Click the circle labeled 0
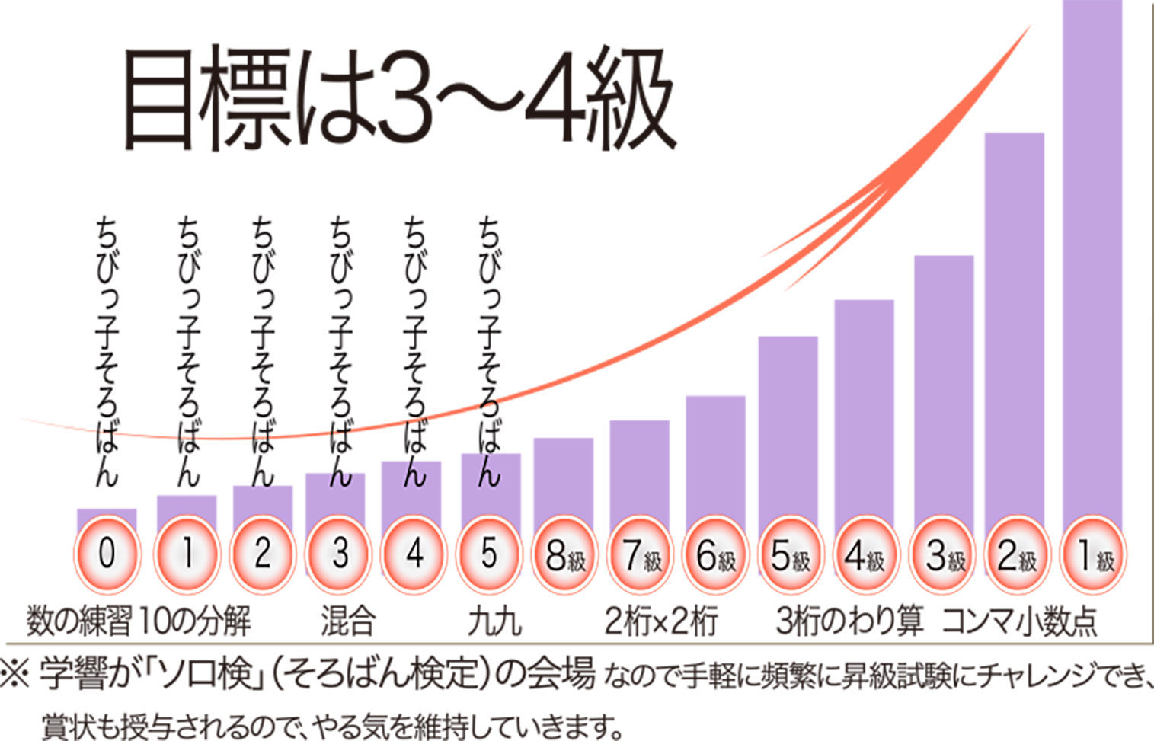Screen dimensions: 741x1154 pos(107,554)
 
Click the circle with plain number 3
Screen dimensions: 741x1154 pos(340,554)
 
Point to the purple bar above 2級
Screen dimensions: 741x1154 pos(1014,320)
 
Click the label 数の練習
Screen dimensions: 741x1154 pos(79,621)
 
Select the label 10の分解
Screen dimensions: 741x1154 pos(195,621)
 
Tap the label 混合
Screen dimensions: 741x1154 pos(348,621)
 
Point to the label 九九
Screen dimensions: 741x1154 pos(495,621)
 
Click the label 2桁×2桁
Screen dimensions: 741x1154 pos(661,621)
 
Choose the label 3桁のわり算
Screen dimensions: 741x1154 pos(849,621)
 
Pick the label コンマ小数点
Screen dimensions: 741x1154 pos(1019,621)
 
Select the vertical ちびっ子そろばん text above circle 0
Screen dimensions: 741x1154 pos(107,350)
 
